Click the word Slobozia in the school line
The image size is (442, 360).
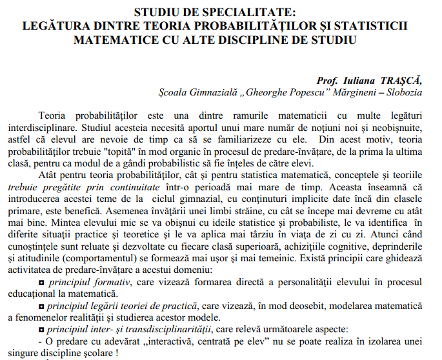point(404,93)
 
